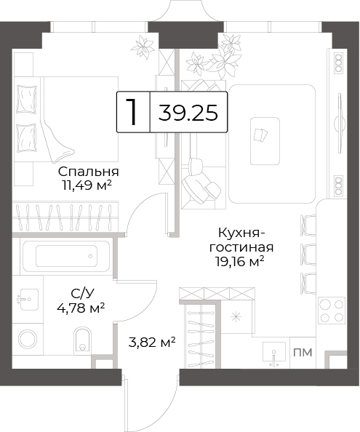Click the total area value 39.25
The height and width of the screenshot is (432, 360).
(x=188, y=113)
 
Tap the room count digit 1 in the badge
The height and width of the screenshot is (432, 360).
(x=132, y=112)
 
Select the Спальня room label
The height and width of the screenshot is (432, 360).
(x=89, y=172)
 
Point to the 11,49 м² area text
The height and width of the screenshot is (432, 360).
(x=87, y=185)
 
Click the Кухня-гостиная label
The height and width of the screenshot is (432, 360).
(x=241, y=240)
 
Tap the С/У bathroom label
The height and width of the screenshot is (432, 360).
(x=82, y=295)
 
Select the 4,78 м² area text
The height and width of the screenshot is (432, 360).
(x=81, y=308)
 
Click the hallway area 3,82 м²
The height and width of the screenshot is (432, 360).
(x=152, y=343)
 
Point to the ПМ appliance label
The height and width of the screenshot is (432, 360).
(x=303, y=353)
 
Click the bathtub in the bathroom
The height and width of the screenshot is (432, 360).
(x=66, y=256)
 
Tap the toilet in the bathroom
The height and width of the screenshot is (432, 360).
(x=82, y=340)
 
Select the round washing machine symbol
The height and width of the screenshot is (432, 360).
(x=28, y=340)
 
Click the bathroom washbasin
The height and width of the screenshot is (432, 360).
(x=28, y=300)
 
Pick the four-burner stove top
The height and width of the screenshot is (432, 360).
(x=332, y=311)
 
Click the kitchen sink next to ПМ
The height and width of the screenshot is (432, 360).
(x=273, y=354)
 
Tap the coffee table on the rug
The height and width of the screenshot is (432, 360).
(x=265, y=141)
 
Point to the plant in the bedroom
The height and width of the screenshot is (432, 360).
(x=143, y=47)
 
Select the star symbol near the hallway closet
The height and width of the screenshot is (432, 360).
(x=236, y=317)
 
